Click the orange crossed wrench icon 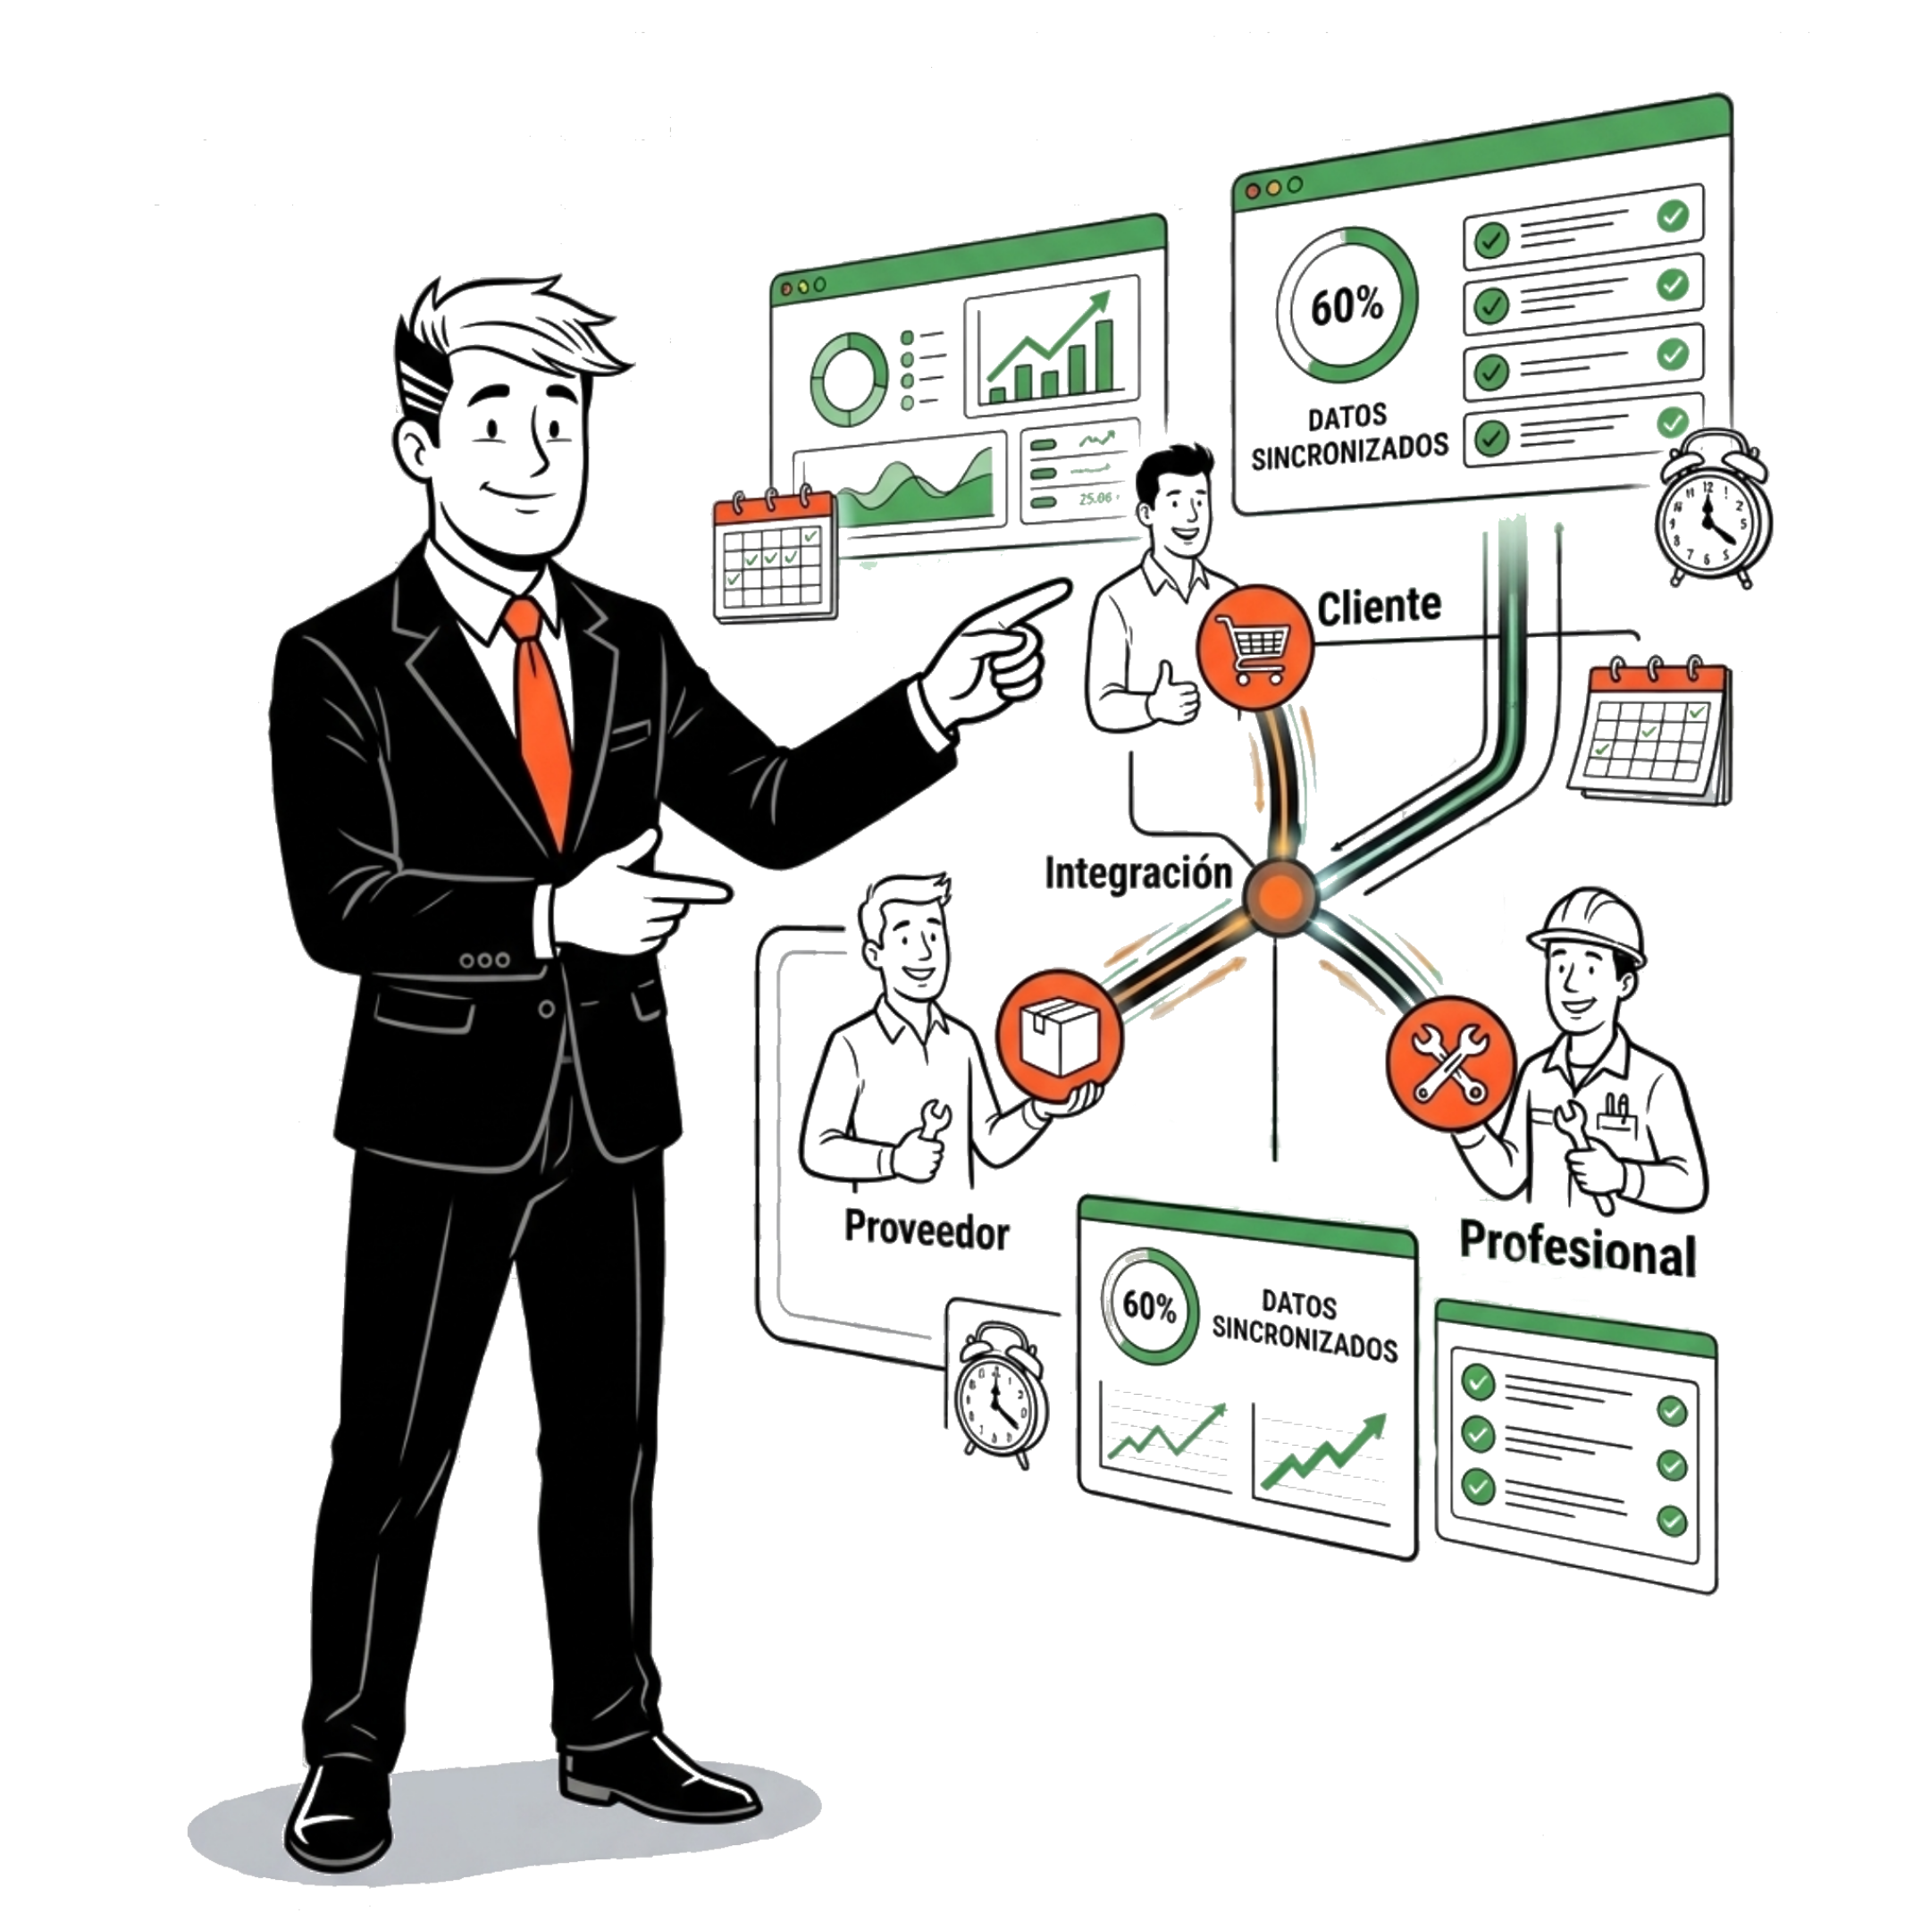click(x=1450, y=1063)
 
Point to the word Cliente click(x=1379, y=606)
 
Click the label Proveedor click(x=926, y=1229)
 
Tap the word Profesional click(x=1577, y=1249)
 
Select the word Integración click(x=1137, y=873)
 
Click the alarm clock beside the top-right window click(x=1712, y=509)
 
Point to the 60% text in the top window click(x=1347, y=305)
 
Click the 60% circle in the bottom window click(x=1149, y=1305)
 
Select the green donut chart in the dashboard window click(x=848, y=380)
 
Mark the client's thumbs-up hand click(x=1171, y=693)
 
